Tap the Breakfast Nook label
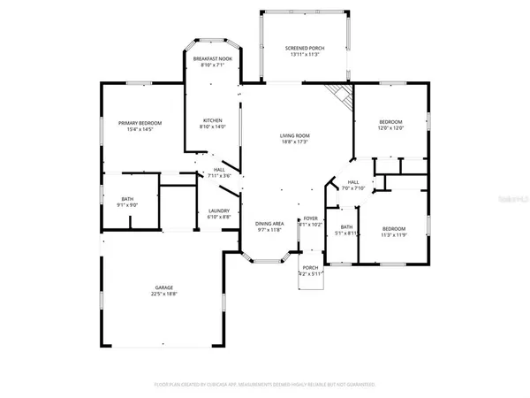click(212, 58)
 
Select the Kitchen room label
click(212, 120)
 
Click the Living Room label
click(295, 135)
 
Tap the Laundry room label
click(218, 210)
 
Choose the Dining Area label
click(269, 224)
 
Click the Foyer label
click(310, 218)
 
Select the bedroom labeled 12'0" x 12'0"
click(390, 122)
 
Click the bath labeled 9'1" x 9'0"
click(128, 199)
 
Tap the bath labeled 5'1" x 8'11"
click(346, 227)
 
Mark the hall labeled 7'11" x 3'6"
click(218, 171)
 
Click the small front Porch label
click(310, 268)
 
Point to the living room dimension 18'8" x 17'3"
click(295, 142)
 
